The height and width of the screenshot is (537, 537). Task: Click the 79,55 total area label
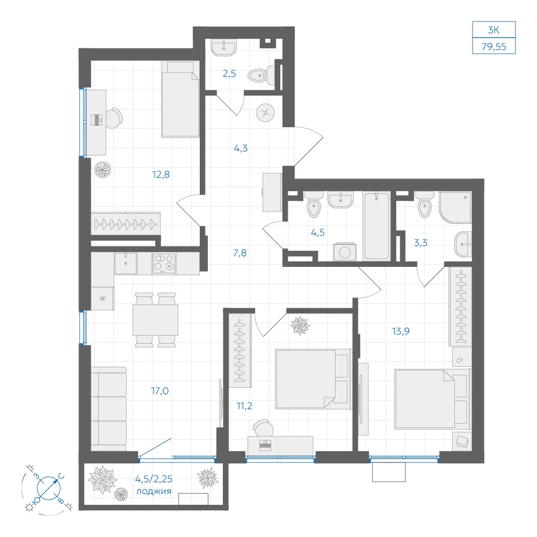[494, 47]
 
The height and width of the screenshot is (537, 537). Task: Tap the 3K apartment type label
[494, 30]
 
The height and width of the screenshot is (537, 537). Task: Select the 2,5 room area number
[229, 73]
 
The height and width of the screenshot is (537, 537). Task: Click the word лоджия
[154, 491]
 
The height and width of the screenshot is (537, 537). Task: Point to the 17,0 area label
[159, 391]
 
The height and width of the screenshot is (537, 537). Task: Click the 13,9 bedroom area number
[401, 331]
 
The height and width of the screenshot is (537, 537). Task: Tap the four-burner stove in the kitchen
[164, 263]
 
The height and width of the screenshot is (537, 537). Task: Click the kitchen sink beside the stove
[126, 263]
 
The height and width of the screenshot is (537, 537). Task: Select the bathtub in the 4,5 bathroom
[376, 226]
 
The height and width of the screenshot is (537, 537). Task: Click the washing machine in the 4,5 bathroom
[345, 252]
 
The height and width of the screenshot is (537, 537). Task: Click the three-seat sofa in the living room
[108, 409]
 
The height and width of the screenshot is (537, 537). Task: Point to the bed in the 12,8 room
[180, 99]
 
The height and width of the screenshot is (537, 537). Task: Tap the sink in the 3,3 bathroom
[463, 244]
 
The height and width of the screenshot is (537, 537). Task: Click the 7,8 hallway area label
[240, 253]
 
